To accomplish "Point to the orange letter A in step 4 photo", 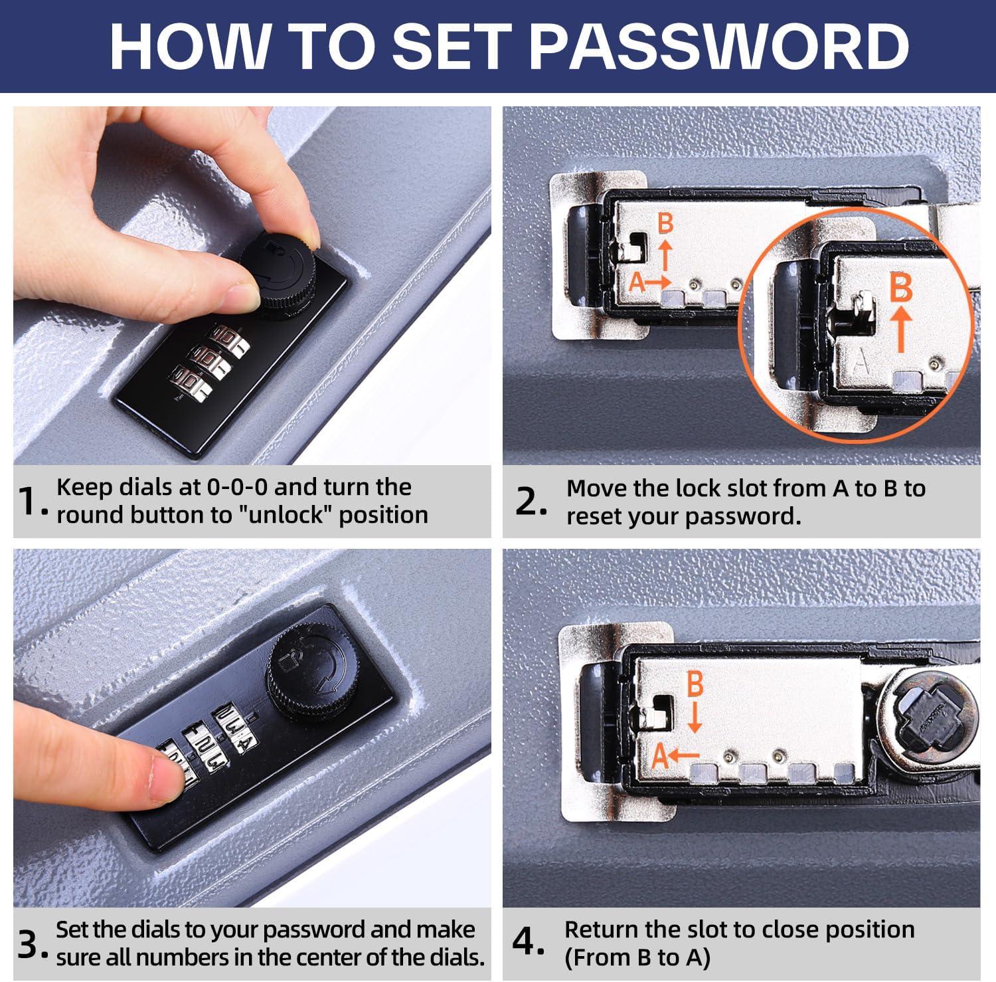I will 659,756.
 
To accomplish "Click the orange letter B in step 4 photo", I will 694,684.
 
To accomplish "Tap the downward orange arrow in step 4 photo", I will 694,718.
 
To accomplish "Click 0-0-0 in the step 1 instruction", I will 237,487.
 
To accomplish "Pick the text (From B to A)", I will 637,957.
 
